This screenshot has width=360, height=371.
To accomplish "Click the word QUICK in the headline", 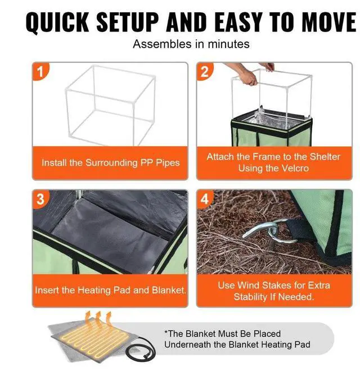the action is [x=57, y=22].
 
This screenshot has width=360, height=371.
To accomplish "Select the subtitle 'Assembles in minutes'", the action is [x=191, y=44].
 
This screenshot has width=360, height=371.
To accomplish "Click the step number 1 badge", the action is [x=40, y=71].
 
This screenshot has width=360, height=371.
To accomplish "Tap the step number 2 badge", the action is [x=205, y=71].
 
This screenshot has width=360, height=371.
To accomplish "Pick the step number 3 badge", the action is [x=40, y=198].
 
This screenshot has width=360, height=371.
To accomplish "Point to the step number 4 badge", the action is [x=205, y=198].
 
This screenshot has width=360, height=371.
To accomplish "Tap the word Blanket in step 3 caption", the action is [x=169, y=290].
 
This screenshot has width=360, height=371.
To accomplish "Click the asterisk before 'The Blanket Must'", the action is [x=166, y=332].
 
